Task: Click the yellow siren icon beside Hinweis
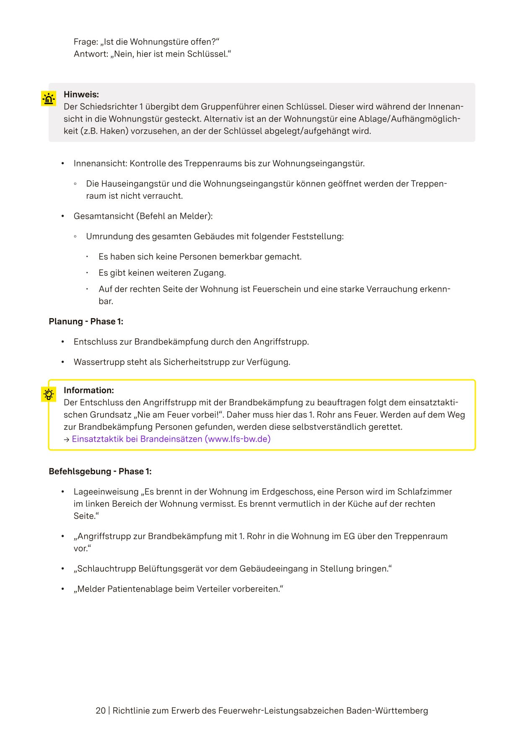(x=49, y=99)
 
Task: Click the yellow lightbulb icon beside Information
(x=49, y=395)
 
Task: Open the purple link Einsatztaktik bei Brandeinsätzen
(x=171, y=439)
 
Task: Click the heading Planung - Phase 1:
(x=86, y=321)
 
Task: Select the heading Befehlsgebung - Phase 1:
(x=100, y=472)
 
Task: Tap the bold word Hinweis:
(x=81, y=95)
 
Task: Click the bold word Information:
(x=89, y=391)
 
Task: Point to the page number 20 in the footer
(x=101, y=711)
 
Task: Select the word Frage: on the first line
(x=86, y=42)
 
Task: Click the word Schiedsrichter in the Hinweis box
(x=108, y=107)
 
